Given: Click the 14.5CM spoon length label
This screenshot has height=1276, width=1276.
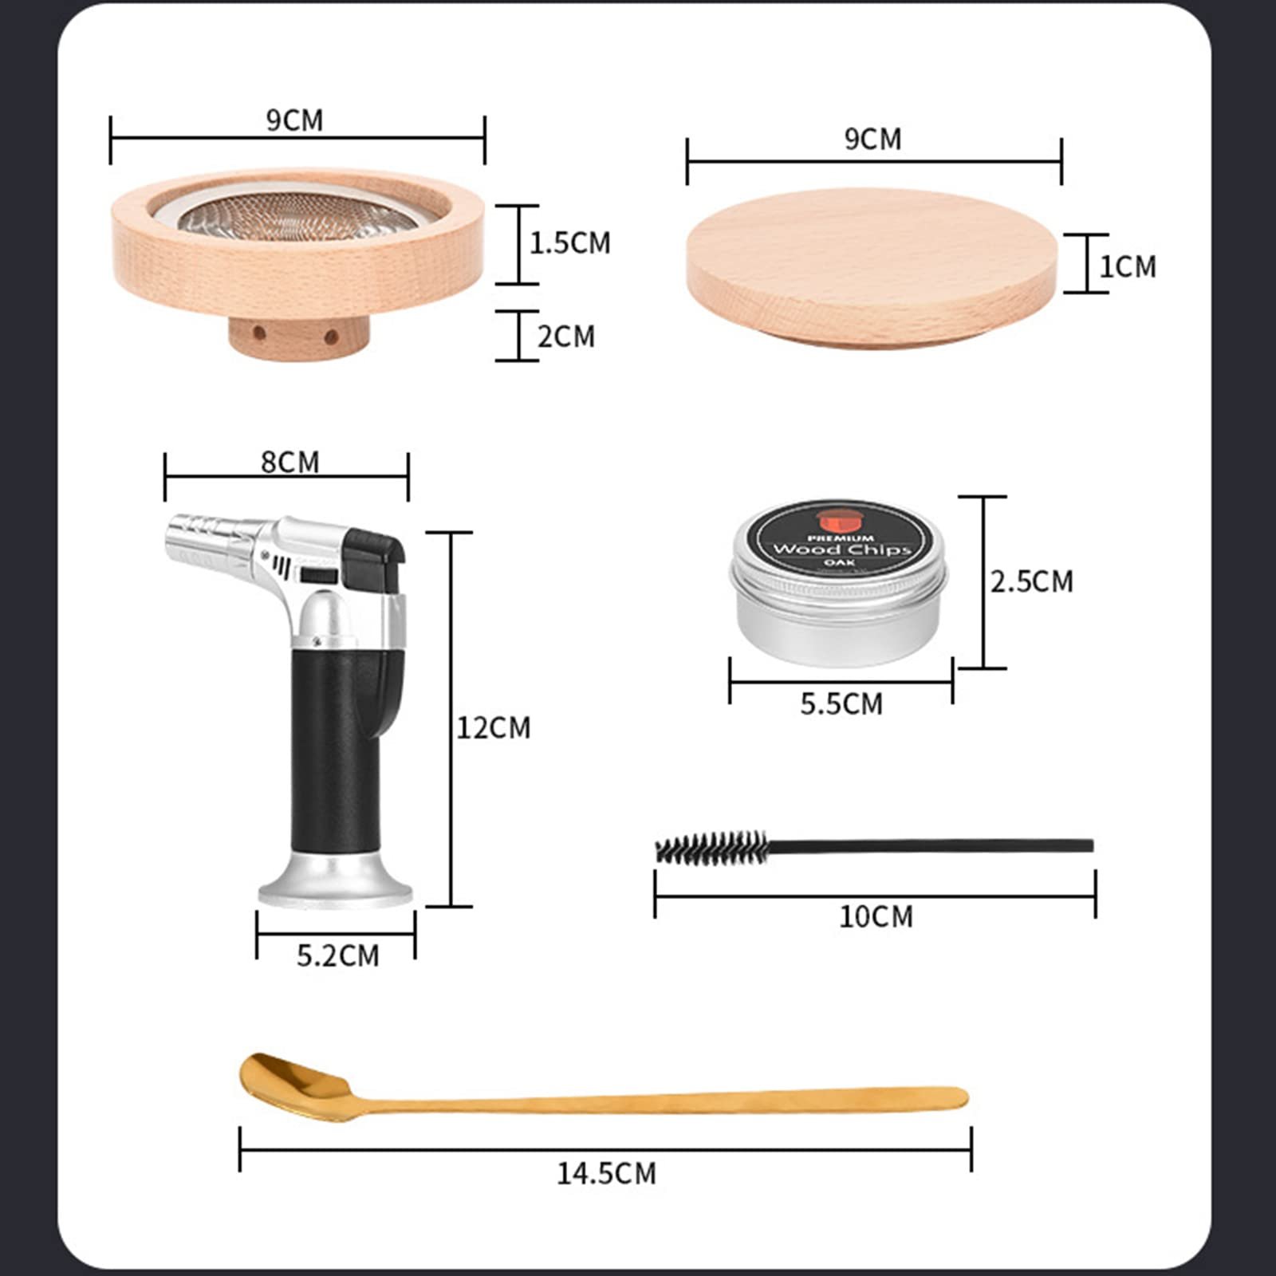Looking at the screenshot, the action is coord(606,1173).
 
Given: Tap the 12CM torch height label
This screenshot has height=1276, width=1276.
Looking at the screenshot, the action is coord(493,727).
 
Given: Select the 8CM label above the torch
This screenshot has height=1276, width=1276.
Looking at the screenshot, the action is coord(289,462).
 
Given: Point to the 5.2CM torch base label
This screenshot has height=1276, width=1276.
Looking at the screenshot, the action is coord(338,955).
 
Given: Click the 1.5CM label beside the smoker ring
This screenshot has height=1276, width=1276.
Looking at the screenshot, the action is coord(570,242).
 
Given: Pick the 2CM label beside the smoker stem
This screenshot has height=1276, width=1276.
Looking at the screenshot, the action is coord(566,336).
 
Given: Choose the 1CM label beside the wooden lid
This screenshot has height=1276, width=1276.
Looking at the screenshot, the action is coord(1128,266).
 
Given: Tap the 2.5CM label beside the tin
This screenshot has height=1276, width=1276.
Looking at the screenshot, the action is coord(1032,581).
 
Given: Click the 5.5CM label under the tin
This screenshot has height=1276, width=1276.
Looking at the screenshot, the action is coord(841,704).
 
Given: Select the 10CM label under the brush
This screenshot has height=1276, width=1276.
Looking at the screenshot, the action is coord(876,916).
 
